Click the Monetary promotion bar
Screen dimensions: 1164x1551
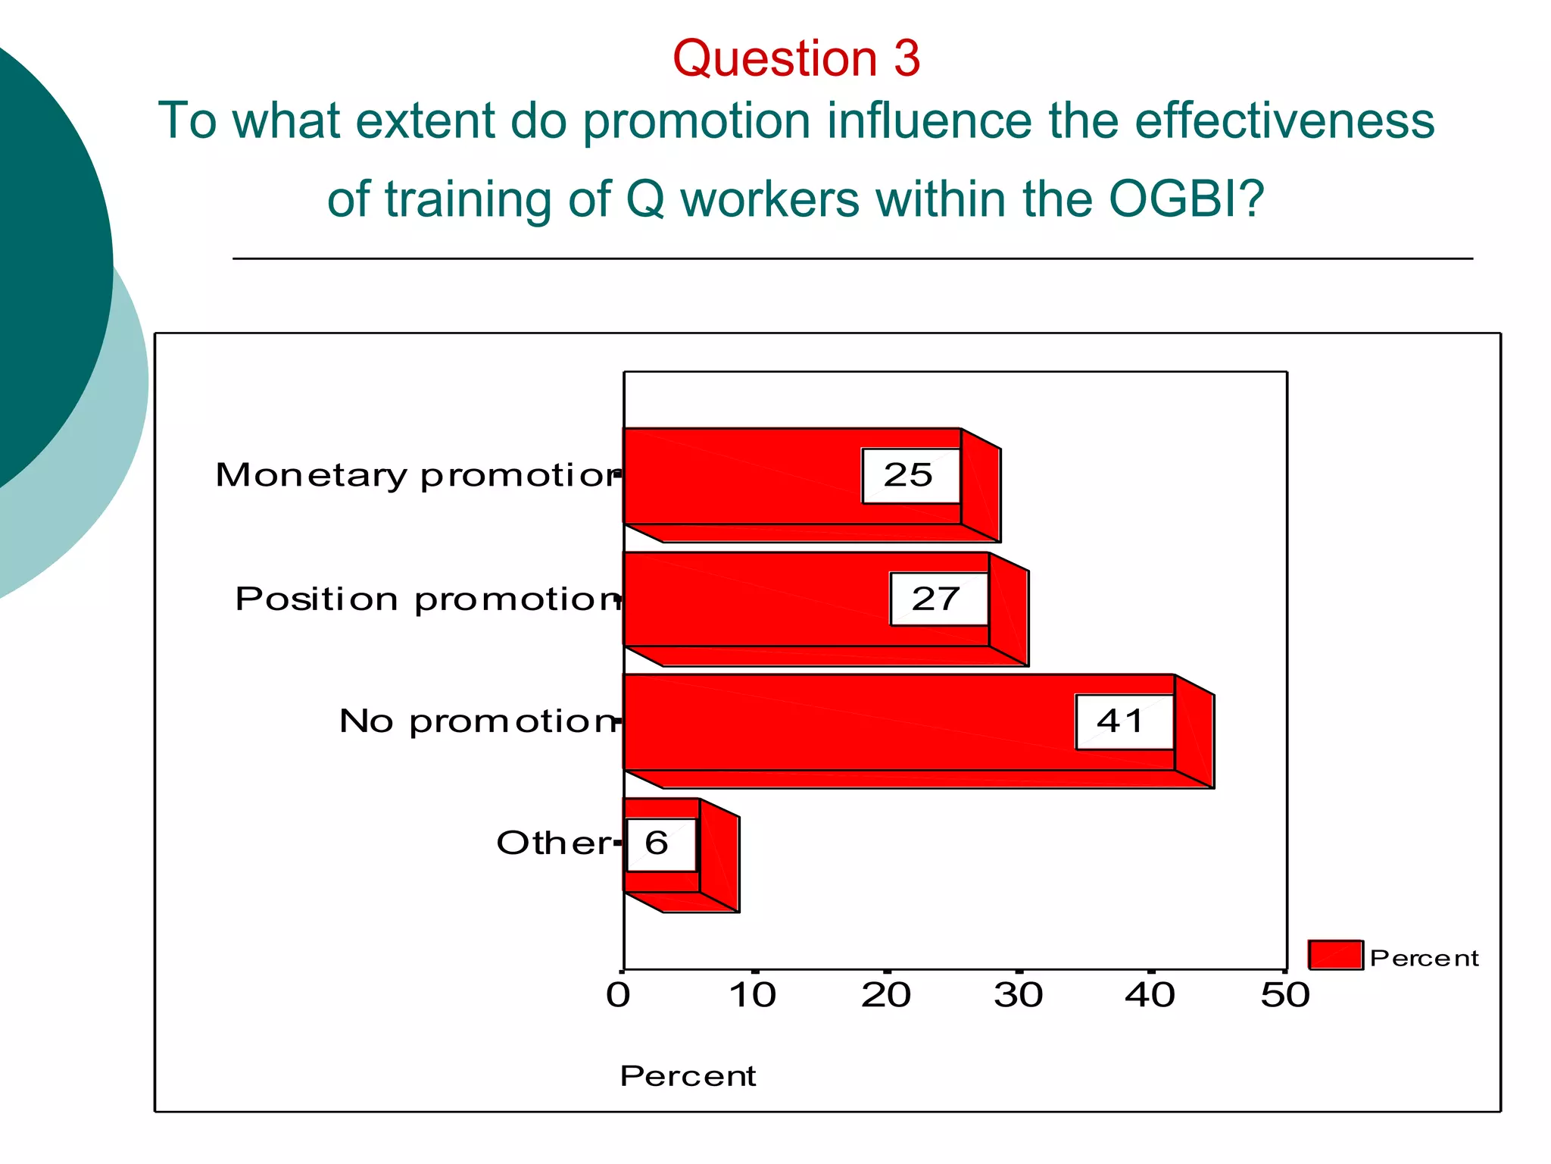click(742, 476)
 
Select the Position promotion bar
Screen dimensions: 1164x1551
click(757, 599)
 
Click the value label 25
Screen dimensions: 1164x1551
click(910, 476)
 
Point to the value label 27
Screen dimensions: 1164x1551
click(938, 599)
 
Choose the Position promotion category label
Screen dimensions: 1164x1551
click(428, 599)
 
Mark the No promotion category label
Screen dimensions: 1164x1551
click(479, 721)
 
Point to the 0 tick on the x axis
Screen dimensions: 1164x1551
click(619, 995)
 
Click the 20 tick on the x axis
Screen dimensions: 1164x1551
click(886, 995)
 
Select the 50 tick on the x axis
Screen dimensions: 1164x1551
click(1284, 995)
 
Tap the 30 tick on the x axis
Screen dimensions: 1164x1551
click(1019, 995)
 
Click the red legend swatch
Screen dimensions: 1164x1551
click(1335, 955)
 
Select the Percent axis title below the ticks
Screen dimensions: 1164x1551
click(688, 1076)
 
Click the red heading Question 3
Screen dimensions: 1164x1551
click(796, 58)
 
